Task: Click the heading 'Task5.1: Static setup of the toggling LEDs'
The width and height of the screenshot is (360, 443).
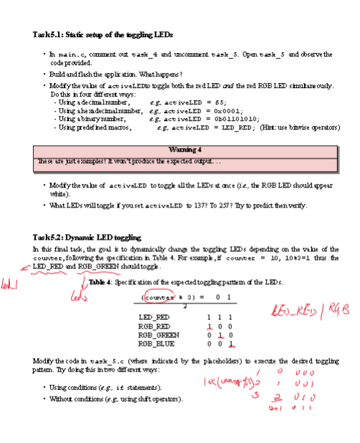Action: (102, 34)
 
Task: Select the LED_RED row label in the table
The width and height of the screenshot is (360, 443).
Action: (154, 316)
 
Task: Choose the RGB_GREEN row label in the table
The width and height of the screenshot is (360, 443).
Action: (157, 333)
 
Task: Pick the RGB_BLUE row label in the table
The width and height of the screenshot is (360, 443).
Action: (155, 341)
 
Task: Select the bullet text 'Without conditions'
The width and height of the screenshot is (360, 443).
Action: (83, 398)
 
